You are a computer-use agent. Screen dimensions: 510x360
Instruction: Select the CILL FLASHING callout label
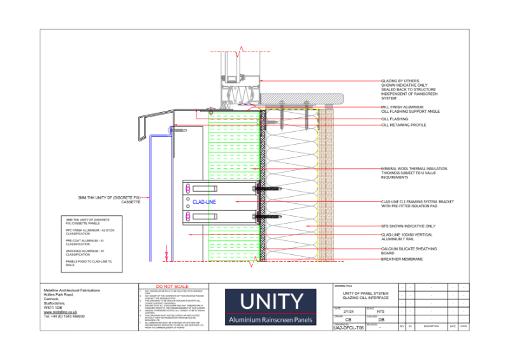point(395,119)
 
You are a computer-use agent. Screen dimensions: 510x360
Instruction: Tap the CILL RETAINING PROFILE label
point(404,125)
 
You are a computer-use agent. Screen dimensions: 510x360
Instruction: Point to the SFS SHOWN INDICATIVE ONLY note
point(408,226)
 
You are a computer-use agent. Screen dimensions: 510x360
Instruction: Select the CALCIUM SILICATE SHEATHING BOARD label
point(408,250)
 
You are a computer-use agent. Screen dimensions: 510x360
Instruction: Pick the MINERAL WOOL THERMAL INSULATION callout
point(414,169)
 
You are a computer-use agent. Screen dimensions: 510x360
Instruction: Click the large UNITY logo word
point(270,302)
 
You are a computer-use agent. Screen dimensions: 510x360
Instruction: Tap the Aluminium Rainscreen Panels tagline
point(270,320)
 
